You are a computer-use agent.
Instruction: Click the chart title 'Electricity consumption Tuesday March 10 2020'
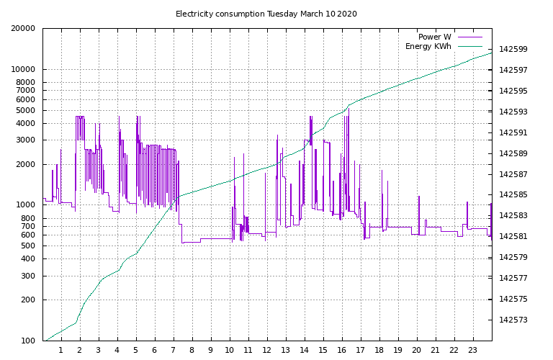tap(266, 14)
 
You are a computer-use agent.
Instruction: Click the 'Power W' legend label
tap(434, 37)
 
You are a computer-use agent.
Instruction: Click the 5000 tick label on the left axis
tap(25, 111)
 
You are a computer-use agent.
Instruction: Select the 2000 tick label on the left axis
tap(25, 165)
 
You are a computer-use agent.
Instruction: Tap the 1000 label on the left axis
tap(25, 205)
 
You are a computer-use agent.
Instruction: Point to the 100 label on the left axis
tap(27, 341)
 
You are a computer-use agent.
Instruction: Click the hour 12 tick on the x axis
tap(266, 351)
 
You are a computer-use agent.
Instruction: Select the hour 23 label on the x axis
tap(473, 351)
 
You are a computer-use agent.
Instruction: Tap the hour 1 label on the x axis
tap(60, 351)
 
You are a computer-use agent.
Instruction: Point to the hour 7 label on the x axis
tap(173, 351)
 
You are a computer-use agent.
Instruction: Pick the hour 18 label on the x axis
tap(379, 351)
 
